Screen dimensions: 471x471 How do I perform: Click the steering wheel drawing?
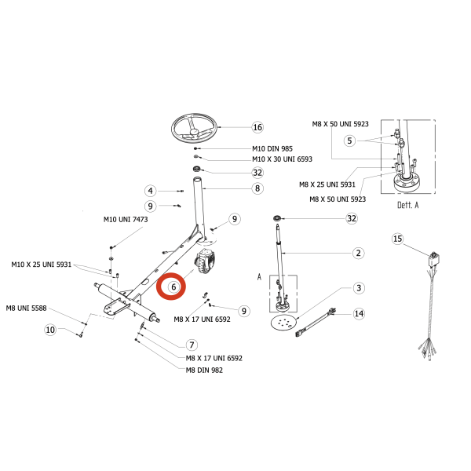(x=195, y=128)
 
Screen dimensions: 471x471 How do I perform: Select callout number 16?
(x=257, y=127)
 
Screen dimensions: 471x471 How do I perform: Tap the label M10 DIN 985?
(x=272, y=148)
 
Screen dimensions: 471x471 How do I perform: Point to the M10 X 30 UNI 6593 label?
(x=282, y=159)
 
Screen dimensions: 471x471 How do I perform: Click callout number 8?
(x=257, y=188)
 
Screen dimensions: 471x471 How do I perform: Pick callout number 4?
(x=150, y=191)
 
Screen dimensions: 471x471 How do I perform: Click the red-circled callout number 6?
(x=173, y=287)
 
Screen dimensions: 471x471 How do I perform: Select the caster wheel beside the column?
(x=205, y=261)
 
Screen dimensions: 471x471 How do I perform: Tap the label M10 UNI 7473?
(x=126, y=219)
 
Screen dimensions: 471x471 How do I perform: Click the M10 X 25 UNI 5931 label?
(x=42, y=265)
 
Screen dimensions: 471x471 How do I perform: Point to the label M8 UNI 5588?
(x=27, y=308)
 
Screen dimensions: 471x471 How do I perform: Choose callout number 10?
(x=50, y=330)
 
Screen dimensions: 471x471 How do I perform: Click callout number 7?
(x=192, y=345)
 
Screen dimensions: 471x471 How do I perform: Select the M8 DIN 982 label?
(x=204, y=370)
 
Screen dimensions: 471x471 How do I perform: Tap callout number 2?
(x=359, y=253)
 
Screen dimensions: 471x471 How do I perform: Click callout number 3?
(x=359, y=288)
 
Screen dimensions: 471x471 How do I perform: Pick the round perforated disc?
(x=283, y=323)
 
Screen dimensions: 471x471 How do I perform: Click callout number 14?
(x=359, y=314)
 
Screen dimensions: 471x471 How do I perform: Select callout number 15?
(x=397, y=239)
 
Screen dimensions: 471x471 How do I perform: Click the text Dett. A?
(x=407, y=205)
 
